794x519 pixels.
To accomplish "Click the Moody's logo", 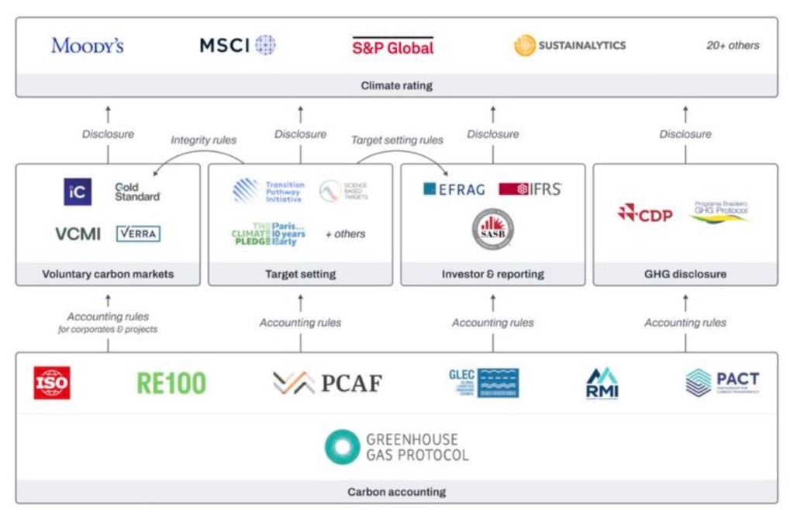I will (88, 45).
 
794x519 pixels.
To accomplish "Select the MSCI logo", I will (237, 45).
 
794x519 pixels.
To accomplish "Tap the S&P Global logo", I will (393, 46).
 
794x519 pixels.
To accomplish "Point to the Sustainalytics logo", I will (570, 45).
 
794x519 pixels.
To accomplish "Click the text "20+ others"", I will (733, 45).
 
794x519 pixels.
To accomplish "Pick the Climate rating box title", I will (396, 85).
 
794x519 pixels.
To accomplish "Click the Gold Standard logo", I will (137, 192).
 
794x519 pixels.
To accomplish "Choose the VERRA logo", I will (138, 233).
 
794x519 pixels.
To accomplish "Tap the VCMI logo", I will (78, 234).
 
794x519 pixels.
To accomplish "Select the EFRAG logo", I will (454, 189).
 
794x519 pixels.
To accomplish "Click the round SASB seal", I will (493, 229).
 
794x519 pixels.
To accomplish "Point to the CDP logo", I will (645, 213).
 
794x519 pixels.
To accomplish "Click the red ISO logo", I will (52, 383).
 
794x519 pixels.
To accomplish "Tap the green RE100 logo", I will (171, 383).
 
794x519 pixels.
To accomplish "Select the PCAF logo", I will (327, 382).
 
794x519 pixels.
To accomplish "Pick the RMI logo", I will (602, 383).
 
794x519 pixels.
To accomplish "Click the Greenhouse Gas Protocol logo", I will (396, 447).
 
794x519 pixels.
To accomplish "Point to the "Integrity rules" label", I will (204, 140).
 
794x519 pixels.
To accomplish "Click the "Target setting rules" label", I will (397, 140).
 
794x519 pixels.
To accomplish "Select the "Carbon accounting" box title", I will (396, 492).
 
